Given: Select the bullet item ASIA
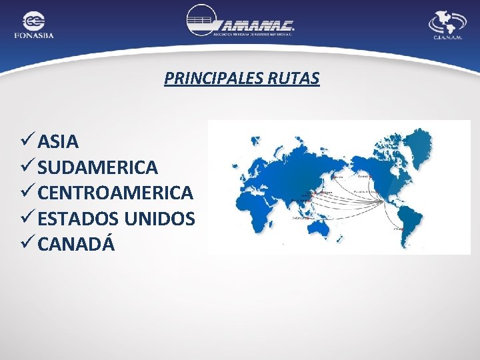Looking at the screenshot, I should click(58, 141).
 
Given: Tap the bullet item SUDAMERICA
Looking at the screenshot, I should click(97, 167).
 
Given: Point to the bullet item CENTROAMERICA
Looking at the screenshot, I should click(115, 193).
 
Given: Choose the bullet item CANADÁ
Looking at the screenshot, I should click(76, 245).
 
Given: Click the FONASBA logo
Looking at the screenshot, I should click(33, 25).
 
